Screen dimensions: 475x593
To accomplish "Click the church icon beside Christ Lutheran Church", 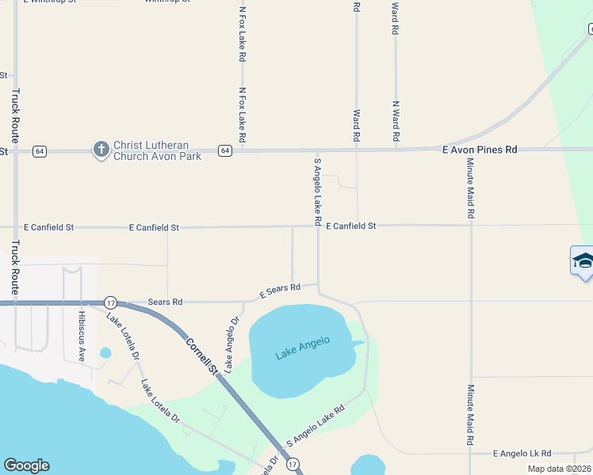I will (x=101, y=149).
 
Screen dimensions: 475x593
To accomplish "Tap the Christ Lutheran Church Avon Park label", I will (x=157, y=150).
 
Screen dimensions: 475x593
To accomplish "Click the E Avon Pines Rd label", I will (x=479, y=149).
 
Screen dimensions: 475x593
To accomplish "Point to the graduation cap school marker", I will (x=583, y=261).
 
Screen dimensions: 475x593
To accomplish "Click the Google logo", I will (x=26, y=465).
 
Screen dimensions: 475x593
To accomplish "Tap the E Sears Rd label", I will (x=281, y=291).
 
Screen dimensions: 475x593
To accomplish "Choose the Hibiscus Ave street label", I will (x=81, y=336).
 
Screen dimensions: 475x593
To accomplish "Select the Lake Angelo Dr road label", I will (x=231, y=345).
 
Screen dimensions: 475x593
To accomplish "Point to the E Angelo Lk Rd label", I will (x=522, y=453).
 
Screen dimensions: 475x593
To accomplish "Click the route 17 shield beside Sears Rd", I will (x=110, y=302).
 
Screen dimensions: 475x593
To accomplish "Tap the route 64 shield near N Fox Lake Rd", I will (x=225, y=150).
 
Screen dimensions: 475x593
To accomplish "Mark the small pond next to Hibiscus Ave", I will (x=105, y=352).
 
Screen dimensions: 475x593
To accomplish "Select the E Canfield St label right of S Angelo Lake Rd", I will (x=350, y=226).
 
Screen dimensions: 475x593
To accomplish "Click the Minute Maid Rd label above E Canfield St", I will (x=470, y=188).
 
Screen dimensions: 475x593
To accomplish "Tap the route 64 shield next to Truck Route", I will (x=38, y=150).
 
